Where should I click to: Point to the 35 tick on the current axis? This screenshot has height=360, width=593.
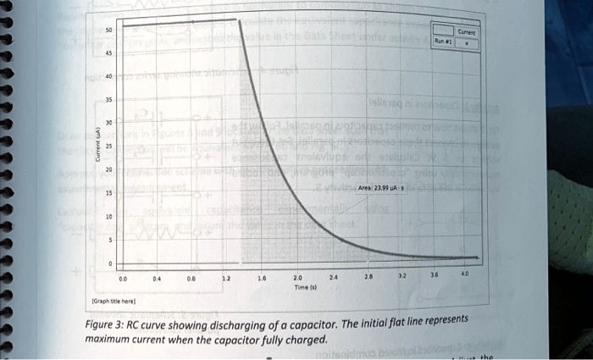108,98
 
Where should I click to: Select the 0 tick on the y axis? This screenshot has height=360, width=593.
110,263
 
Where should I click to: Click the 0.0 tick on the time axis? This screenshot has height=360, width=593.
124,276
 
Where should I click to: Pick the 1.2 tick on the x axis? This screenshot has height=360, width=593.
225,277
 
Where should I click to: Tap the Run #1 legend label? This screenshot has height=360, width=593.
442,39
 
